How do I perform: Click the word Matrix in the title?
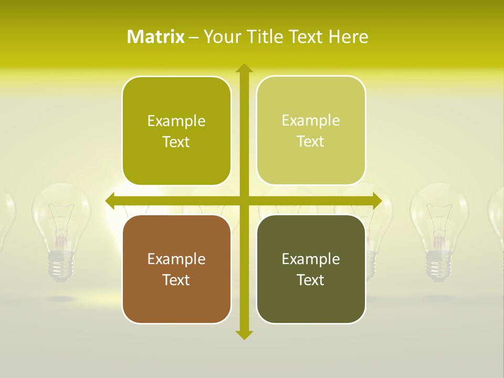click(155, 37)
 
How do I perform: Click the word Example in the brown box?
click(176, 259)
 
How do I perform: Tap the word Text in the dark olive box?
click(311, 280)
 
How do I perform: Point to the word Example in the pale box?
click(311, 120)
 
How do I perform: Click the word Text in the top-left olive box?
click(176, 142)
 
